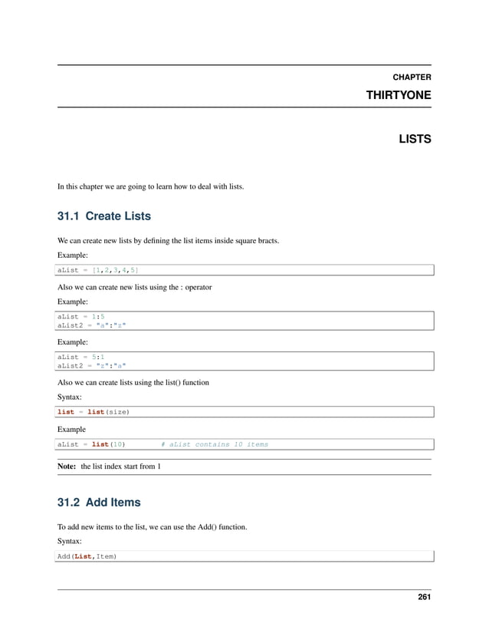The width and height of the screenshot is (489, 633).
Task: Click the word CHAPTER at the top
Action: click(411, 77)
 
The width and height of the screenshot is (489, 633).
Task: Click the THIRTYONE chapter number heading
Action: click(399, 94)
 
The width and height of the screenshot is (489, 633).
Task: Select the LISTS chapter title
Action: click(414, 140)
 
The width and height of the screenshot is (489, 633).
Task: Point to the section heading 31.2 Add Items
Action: click(99, 503)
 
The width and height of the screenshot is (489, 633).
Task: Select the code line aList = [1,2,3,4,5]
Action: click(98, 270)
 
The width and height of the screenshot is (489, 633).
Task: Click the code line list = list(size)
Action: click(94, 412)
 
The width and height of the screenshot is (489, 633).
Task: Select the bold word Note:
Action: click(67, 467)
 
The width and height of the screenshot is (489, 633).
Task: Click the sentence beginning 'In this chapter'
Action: click(151, 185)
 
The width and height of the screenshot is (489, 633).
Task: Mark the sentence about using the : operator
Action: click(135, 287)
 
